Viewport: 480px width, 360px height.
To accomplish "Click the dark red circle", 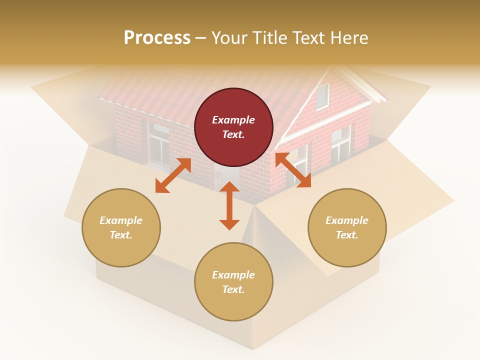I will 233,127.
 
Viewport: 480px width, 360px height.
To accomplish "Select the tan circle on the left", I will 121,227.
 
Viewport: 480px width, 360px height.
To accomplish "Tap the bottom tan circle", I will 233,282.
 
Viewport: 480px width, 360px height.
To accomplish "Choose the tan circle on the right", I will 347,227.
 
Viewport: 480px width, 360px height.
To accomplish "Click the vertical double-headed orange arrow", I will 229,205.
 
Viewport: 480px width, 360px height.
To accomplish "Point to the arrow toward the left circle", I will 173,175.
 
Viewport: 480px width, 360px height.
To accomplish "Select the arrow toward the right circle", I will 293,170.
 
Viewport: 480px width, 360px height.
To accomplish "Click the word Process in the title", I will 157,37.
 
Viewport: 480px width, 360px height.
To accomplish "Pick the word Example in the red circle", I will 233,120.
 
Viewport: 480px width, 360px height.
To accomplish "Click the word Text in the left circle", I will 120,235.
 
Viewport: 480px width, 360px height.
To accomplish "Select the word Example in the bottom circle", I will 233,275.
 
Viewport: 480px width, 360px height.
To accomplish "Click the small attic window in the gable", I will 322,96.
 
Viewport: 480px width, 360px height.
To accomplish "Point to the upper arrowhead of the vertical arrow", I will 229,187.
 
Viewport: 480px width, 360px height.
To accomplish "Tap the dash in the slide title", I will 200,38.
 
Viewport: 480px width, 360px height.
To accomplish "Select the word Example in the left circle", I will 121,220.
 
